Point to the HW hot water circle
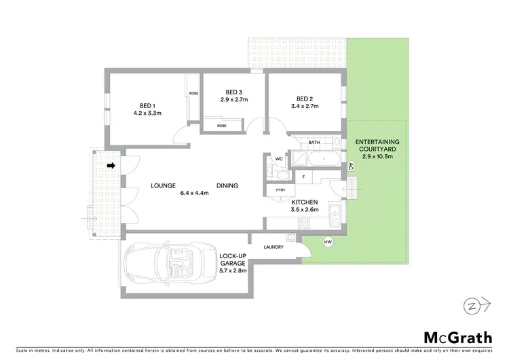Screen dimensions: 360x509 328,242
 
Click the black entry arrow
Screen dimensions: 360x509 111,164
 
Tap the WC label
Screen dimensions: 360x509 279,159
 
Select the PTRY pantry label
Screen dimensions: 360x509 280,191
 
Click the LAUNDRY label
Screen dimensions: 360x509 274,246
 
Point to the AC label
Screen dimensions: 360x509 351,166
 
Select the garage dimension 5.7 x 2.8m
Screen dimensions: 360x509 233,270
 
